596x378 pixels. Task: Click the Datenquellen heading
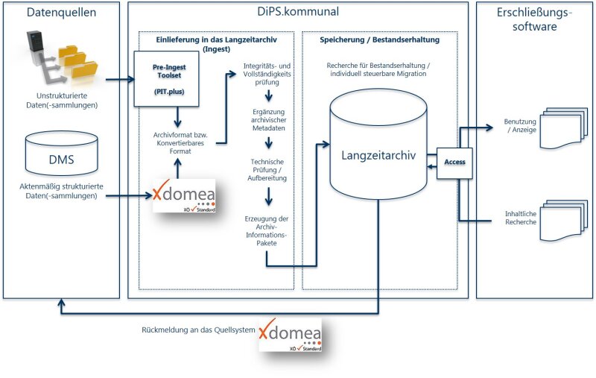[61, 13]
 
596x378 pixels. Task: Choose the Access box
[454, 161]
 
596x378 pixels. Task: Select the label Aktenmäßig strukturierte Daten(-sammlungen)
[61, 192]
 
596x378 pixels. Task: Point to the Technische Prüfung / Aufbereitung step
[268, 170]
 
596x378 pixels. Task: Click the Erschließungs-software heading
[535, 19]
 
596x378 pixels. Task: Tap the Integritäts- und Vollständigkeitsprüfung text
[268, 74]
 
